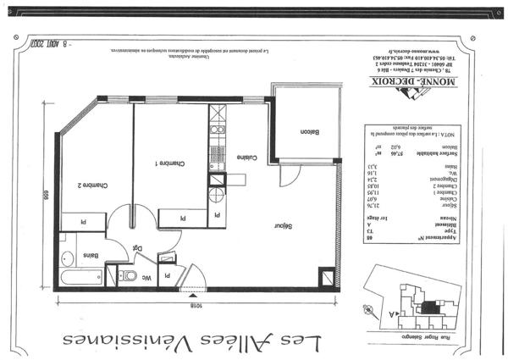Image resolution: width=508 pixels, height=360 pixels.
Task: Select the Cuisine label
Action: [247, 158]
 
